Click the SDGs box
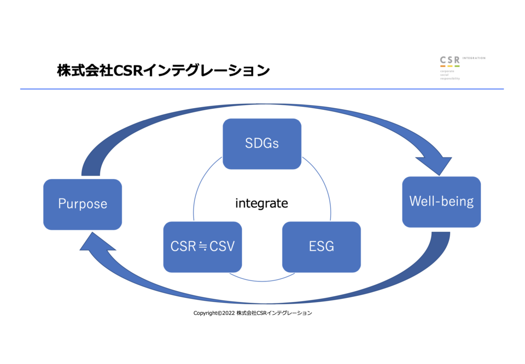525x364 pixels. click(x=261, y=144)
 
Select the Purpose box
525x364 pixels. click(x=83, y=204)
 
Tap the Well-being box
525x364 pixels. click(x=441, y=201)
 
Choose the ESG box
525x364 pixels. click(x=321, y=247)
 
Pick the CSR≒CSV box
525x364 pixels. click(x=203, y=247)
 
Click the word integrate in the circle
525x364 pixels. click(x=261, y=204)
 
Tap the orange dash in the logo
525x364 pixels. click(x=442, y=66)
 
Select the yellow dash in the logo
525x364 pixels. click(x=450, y=66)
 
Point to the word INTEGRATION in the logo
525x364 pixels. click(x=474, y=58)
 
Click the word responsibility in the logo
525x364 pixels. click(x=450, y=79)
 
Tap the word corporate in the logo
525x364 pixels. click(x=448, y=71)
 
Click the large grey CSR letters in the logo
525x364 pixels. click(x=450, y=60)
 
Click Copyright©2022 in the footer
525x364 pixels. click(x=214, y=313)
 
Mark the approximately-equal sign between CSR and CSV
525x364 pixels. click(x=203, y=247)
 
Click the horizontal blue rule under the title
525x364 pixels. click(x=261, y=89)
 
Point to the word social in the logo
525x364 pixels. click(x=445, y=75)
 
